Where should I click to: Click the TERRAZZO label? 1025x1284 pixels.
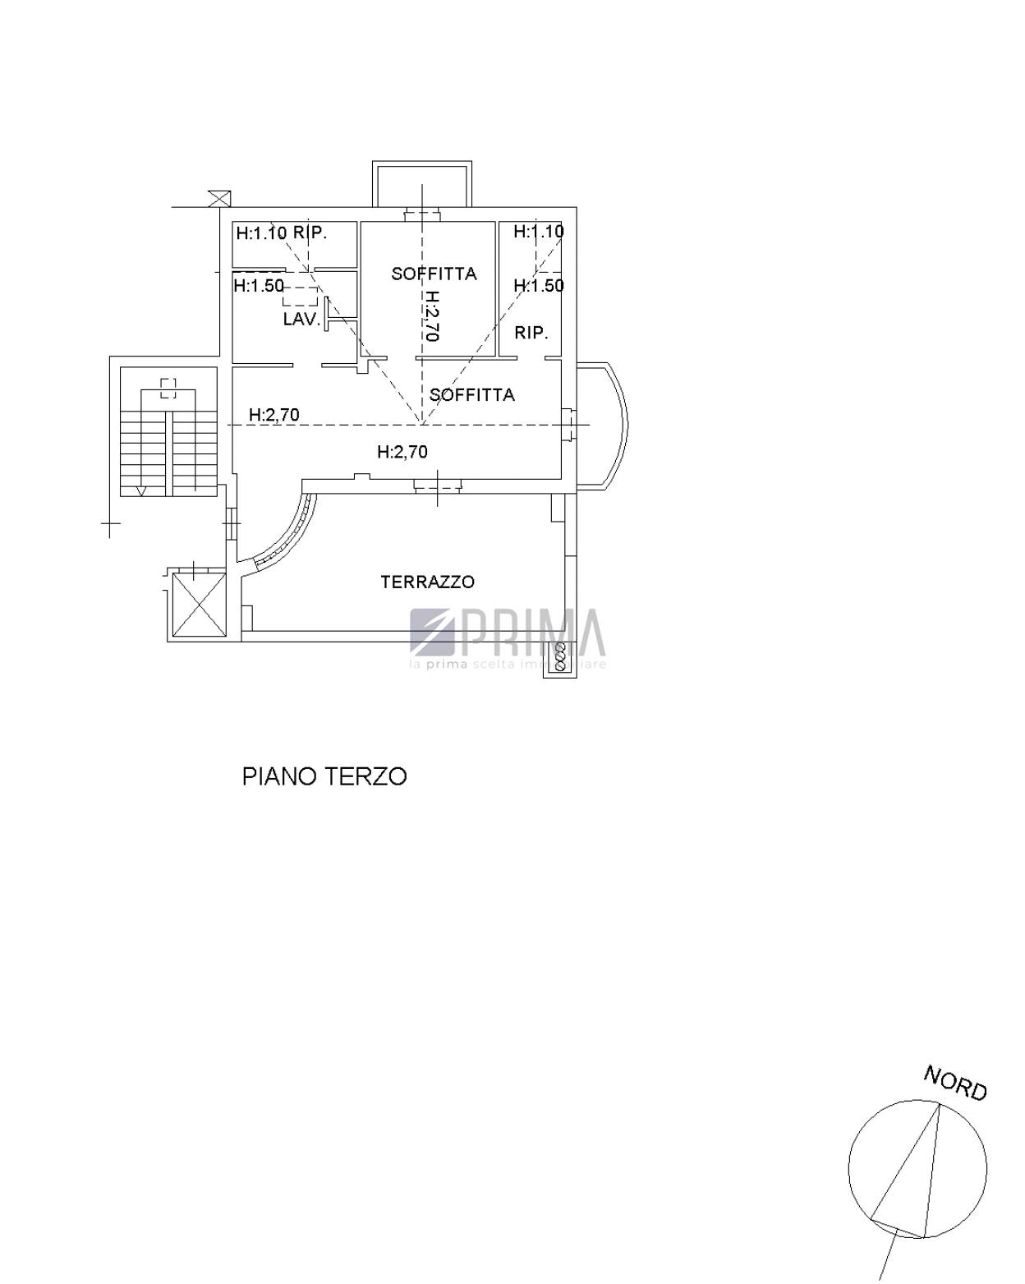point(427,582)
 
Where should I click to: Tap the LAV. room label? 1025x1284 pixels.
point(302,320)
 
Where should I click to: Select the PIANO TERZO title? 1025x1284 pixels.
point(324,777)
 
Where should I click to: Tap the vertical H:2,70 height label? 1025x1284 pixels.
point(432,315)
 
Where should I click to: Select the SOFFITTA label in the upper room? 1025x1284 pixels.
point(434,274)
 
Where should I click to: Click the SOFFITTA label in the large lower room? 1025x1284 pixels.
point(471,394)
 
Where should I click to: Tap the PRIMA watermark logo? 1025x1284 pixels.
point(507,637)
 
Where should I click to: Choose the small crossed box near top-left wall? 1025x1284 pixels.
point(219,199)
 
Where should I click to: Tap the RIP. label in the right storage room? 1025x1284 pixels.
point(531,333)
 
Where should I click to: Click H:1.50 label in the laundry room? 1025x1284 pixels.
point(259,286)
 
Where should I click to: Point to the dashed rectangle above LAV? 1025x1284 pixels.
point(300,296)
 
